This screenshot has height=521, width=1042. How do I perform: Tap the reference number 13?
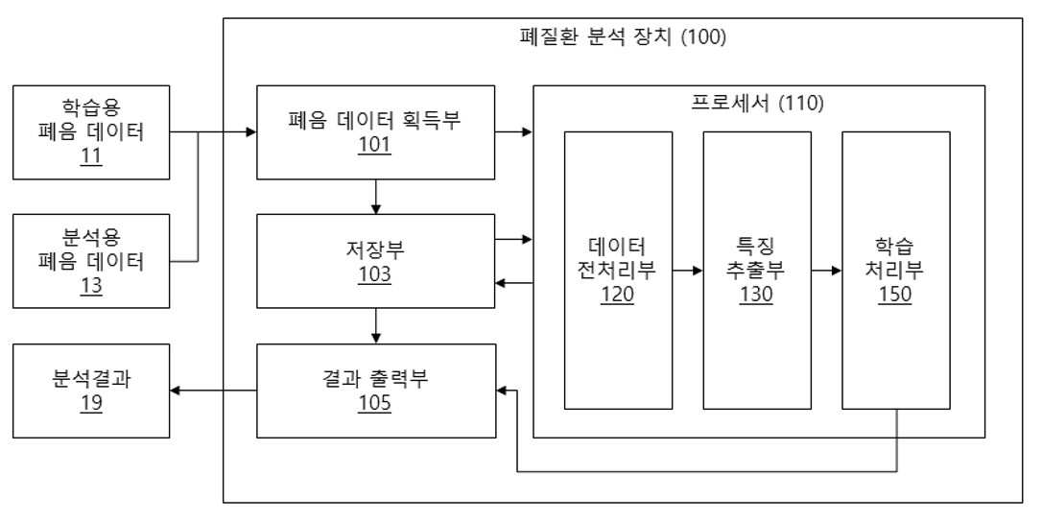click(x=91, y=288)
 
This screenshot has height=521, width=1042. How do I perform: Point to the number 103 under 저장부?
click(x=375, y=274)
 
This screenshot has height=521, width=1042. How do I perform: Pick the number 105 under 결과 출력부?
click(x=375, y=403)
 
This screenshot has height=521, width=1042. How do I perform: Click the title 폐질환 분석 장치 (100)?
click(x=622, y=37)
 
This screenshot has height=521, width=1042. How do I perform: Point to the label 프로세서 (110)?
click(x=758, y=104)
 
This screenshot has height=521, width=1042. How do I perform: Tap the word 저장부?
click(x=375, y=250)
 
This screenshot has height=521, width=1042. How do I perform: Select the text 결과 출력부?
click(x=375, y=379)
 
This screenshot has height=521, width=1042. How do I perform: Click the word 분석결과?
click(x=91, y=381)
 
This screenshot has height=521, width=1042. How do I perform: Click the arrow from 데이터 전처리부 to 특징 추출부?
click(x=687, y=271)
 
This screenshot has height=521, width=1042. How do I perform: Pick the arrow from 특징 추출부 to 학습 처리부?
click(x=826, y=271)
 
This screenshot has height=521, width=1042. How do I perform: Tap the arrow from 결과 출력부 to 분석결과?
click(x=213, y=391)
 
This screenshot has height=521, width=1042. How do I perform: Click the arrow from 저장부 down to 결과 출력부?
click(x=376, y=325)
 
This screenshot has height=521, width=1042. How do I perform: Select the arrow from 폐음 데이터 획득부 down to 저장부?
click(x=376, y=197)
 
